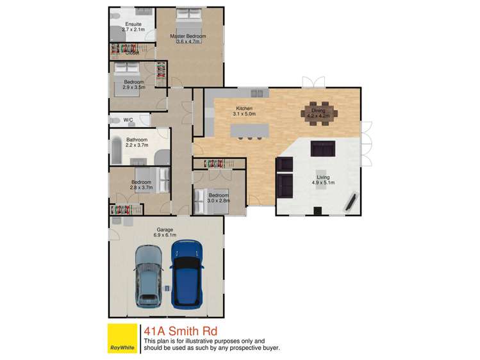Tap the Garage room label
coord(165,229)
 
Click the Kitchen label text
coord(244,109)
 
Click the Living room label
coord(324,177)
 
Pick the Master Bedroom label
coord(188,37)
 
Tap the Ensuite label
coord(133,24)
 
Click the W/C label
coord(128,120)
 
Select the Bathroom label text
coord(137,140)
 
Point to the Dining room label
coord(319,111)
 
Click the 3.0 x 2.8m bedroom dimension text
coord(218,201)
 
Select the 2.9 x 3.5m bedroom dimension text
coord(133,87)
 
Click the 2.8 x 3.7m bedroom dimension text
coord(141,188)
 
